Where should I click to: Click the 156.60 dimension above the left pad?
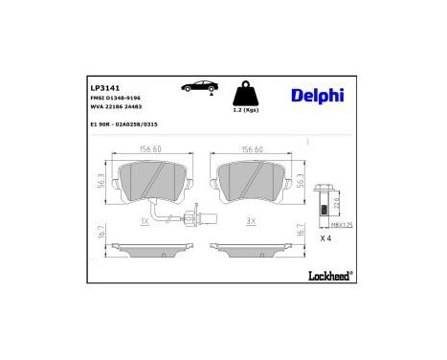[151, 148]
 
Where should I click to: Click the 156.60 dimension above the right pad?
[253, 148]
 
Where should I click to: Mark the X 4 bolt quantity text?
[324, 237]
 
